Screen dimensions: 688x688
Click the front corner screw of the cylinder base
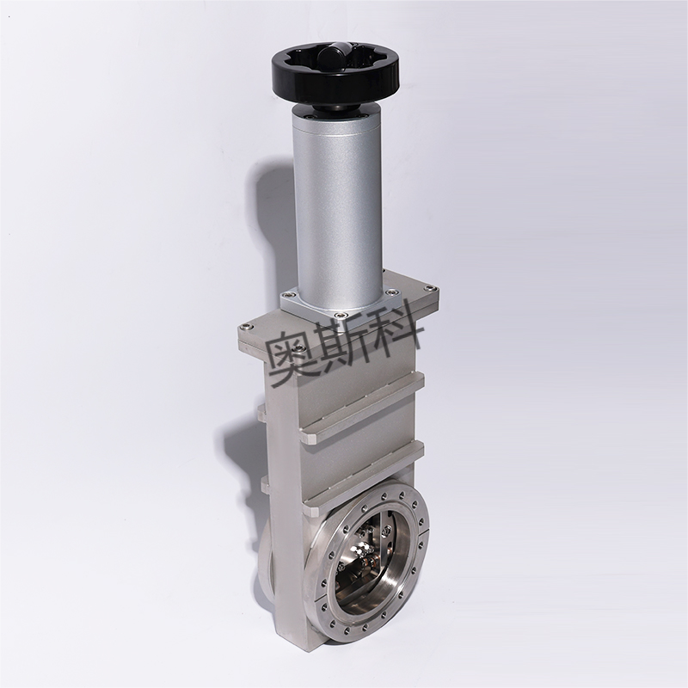(338, 315)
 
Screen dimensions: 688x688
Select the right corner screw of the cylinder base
(391, 291)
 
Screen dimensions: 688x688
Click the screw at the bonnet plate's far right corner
(429, 288)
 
